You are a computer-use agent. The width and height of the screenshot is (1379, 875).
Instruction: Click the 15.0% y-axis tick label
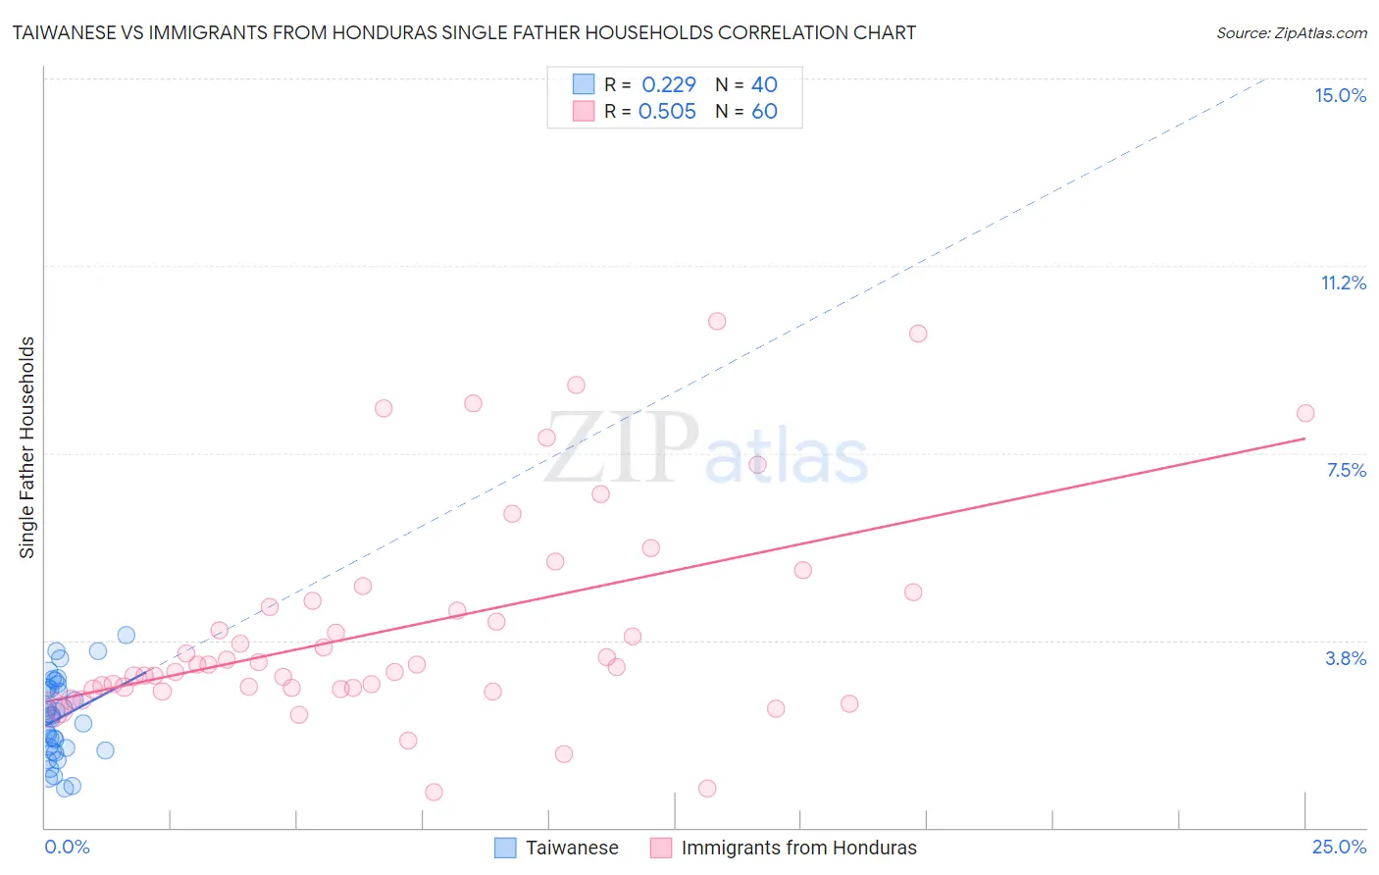pyautogui.click(x=1340, y=95)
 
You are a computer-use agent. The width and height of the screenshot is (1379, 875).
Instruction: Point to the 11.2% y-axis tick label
pyautogui.click(x=1343, y=283)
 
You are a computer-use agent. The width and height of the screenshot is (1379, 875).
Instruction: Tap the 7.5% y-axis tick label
pyautogui.click(x=1346, y=470)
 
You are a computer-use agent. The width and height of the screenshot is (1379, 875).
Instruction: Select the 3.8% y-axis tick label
pyautogui.click(x=1346, y=658)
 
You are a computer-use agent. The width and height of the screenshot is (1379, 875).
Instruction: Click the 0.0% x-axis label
pyautogui.click(x=67, y=847)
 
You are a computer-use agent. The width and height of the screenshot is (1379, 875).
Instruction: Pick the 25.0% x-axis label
pyautogui.click(x=1339, y=847)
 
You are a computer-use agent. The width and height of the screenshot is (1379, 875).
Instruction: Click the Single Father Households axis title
pyautogui.click(x=27, y=447)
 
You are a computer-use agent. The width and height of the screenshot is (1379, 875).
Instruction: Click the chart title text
pyautogui.click(x=464, y=32)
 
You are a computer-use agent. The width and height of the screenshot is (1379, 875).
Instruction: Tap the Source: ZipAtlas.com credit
pyautogui.click(x=1291, y=32)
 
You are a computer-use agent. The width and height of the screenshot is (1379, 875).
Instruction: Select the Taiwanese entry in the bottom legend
pyautogui.click(x=572, y=848)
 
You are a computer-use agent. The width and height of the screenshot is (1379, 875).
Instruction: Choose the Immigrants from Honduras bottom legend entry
pyautogui.click(x=798, y=848)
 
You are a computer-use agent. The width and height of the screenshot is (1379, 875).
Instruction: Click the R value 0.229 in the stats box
pyautogui.click(x=668, y=84)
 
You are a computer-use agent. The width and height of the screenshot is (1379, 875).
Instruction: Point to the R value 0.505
pyautogui.click(x=667, y=111)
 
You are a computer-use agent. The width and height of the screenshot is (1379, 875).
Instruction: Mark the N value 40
pyautogui.click(x=764, y=84)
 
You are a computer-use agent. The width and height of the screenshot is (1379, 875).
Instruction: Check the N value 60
pyautogui.click(x=764, y=111)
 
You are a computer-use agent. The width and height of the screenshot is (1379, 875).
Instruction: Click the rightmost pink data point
pyautogui.click(x=1304, y=413)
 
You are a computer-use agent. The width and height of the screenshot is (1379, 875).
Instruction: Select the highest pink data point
pyautogui.click(x=717, y=321)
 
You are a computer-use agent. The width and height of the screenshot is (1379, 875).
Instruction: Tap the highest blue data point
pyautogui.click(x=127, y=635)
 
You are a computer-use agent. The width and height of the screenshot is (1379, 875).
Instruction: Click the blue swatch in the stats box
pyautogui.click(x=584, y=84)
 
